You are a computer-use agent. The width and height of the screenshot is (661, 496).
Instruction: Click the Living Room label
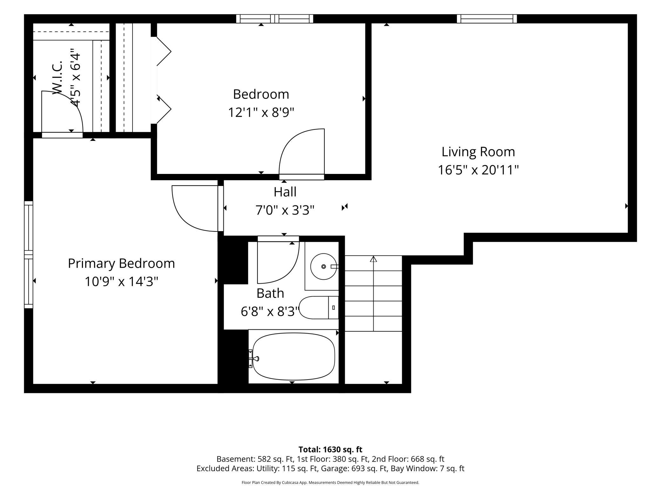[478, 152]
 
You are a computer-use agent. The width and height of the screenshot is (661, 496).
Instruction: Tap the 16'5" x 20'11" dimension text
[478, 170]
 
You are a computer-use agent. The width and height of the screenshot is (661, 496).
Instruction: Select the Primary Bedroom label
[121, 264]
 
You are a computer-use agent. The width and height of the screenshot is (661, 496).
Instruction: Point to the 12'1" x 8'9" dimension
[261, 112]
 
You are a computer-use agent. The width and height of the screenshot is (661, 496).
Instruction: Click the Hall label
[285, 192]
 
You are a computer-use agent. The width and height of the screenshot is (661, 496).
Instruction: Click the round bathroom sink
[324, 266]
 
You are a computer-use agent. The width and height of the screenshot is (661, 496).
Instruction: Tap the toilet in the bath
[319, 307]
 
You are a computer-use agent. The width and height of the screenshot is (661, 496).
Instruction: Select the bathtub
[294, 356]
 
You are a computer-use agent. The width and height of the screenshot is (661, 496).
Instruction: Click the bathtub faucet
[254, 359]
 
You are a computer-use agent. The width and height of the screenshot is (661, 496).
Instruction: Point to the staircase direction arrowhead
[373, 259]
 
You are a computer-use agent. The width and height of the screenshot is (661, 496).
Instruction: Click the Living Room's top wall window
[487, 19]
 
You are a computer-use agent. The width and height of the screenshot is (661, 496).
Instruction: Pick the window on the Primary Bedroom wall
[29, 255]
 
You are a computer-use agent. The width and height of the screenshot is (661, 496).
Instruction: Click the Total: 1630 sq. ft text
[330, 449]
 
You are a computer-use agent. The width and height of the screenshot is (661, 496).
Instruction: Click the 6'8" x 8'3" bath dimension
[270, 312]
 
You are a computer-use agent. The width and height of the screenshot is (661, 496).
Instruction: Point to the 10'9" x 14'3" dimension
[121, 282]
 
